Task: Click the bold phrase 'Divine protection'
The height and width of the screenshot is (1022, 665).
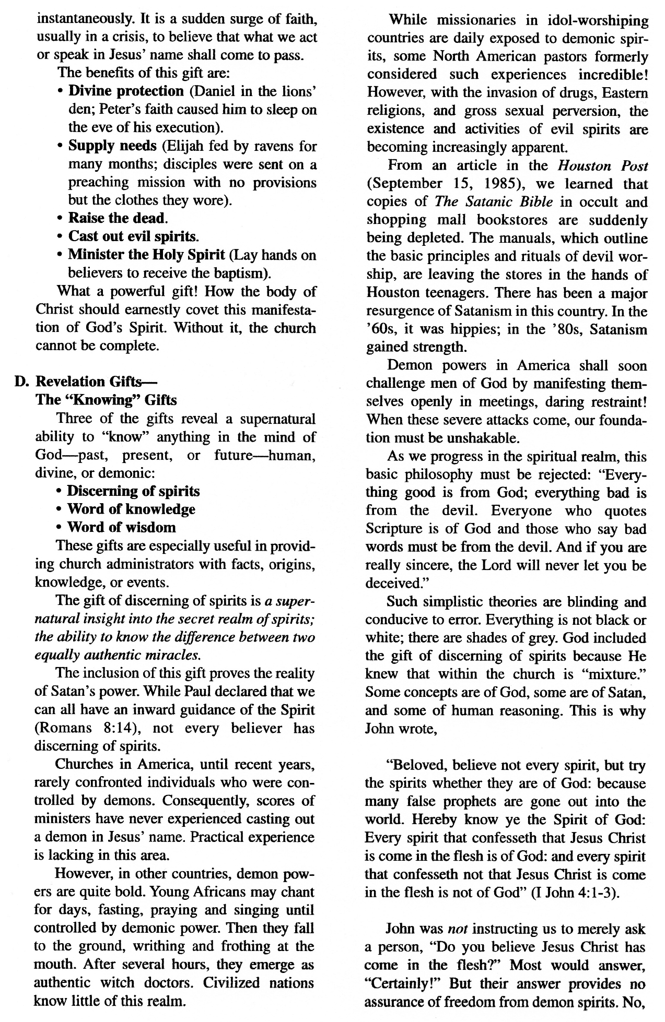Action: click(126, 91)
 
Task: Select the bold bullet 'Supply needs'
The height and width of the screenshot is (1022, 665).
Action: click(112, 146)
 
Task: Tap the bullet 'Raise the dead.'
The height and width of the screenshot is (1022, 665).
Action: click(118, 218)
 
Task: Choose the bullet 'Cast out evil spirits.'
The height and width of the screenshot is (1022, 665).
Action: click(133, 236)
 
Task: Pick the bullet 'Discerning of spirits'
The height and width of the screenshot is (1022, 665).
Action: click(133, 491)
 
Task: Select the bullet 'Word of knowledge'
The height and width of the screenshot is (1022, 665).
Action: click(131, 509)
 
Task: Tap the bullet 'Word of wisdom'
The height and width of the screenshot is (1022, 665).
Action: click(121, 527)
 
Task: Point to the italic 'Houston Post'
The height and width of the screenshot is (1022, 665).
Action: click(602, 166)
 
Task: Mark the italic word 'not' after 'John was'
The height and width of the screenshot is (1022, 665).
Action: click(459, 929)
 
